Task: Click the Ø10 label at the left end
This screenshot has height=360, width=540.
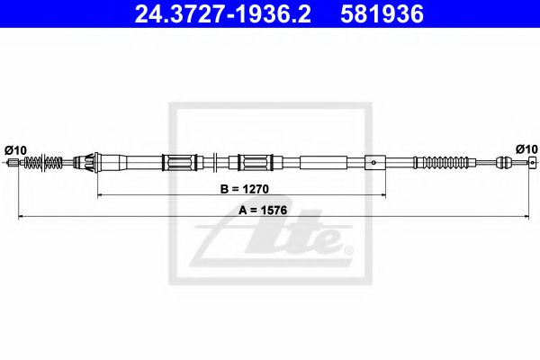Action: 15,148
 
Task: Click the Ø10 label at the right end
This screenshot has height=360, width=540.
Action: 526,148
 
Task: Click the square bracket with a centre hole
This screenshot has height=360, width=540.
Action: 373,163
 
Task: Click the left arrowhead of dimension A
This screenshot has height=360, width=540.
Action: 22,217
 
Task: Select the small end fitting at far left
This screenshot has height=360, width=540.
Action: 13,163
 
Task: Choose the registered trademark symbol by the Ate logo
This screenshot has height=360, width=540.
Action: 348,249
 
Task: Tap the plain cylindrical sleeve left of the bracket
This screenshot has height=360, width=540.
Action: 322,163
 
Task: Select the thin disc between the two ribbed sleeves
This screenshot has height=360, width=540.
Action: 219,163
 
